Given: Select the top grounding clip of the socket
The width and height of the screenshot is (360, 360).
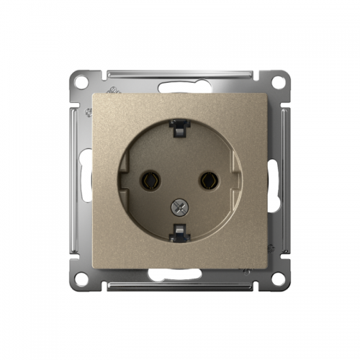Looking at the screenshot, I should tap(180, 125).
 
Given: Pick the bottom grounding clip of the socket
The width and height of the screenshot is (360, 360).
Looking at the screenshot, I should tap(180, 233).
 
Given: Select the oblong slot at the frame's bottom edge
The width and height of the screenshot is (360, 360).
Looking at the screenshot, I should tap(180, 274).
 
